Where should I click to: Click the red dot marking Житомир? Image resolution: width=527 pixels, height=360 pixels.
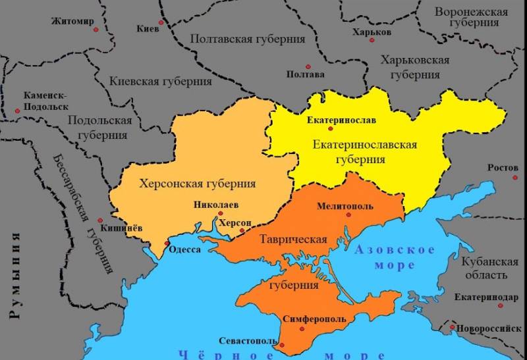[x=96, y=30]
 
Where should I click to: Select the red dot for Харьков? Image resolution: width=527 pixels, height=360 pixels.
[x=372, y=40]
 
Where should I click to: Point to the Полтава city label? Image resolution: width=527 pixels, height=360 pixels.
[x=305, y=74]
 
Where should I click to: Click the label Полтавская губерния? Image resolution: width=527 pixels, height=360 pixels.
[x=248, y=39]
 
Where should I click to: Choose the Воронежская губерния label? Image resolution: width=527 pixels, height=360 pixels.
[x=471, y=17]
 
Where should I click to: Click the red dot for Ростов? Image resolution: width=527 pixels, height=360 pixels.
[x=516, y=177]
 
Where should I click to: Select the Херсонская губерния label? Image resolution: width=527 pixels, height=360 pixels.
[x=198, y=184]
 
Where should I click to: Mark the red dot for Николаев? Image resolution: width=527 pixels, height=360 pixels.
[x=221, y=213]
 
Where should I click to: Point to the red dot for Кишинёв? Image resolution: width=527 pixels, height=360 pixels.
[x=100, y=220]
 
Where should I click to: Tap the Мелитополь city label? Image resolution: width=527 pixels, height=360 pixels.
[x=345, y=206]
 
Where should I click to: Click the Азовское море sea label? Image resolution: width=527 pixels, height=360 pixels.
[x=395, y=257]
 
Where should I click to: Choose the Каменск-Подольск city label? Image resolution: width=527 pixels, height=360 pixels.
[x=46, y=101]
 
